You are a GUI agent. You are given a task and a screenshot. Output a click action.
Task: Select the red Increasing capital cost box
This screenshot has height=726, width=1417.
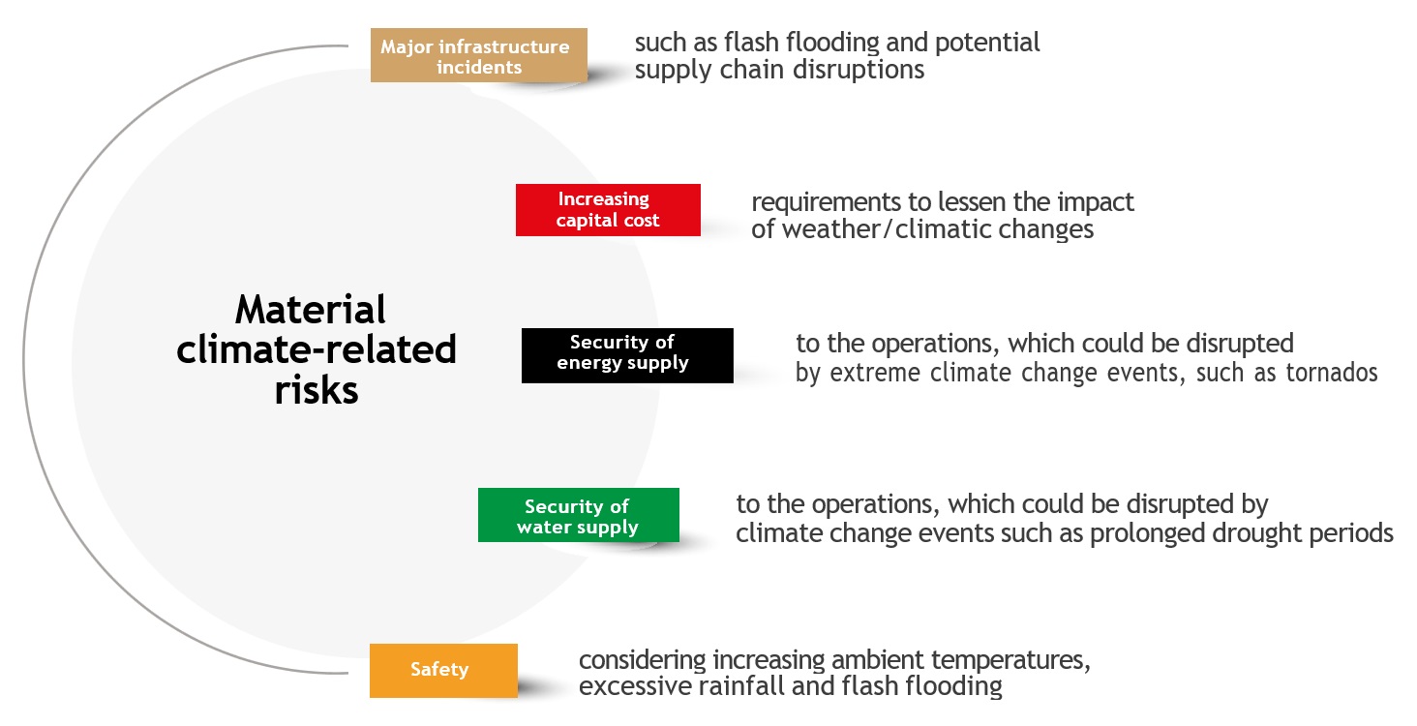click(x=608, y=210)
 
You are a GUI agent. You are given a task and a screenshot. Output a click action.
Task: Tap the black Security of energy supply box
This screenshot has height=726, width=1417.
click(x=627, y=354)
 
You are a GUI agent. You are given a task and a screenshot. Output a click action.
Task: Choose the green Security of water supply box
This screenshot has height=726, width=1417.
click(x=579, y=516)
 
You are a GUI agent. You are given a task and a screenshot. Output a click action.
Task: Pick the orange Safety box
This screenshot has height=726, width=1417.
click(x=443, y=670)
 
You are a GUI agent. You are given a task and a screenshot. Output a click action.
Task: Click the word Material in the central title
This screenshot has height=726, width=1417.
click(x=311, y=311)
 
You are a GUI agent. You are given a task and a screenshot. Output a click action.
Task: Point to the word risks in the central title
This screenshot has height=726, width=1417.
click(x=316, y=390)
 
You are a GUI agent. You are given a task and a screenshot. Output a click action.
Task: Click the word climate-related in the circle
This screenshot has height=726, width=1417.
click(x=317, y=350)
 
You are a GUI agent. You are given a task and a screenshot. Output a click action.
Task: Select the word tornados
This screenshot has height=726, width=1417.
click(x=1331, y=373)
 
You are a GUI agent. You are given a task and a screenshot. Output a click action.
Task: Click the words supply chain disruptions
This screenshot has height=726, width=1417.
click(x=779, y=71)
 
